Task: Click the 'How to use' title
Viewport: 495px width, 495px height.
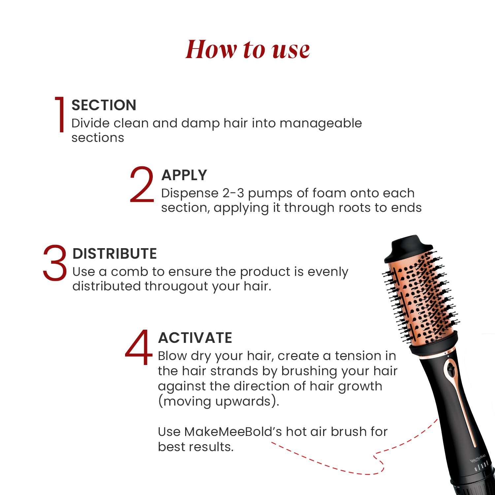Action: point(247,49)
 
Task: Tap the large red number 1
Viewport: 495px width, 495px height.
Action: point(60,115)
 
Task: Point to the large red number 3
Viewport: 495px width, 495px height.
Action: point(55,263)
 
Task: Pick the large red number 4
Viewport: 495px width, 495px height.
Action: point(139,347)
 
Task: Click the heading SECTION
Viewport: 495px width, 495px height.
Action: point(104,105)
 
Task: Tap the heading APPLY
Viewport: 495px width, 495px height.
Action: point(184,175)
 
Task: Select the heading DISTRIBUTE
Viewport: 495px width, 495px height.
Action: point(115,254)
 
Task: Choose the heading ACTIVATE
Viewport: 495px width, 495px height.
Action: point(195,338)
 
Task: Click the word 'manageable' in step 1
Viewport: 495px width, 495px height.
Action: point(320,123)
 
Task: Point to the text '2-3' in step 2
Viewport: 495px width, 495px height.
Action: point(233,193)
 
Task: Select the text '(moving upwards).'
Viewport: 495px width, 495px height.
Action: point(218,402)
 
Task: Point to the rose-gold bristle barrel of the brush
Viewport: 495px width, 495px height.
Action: point(421,297)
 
